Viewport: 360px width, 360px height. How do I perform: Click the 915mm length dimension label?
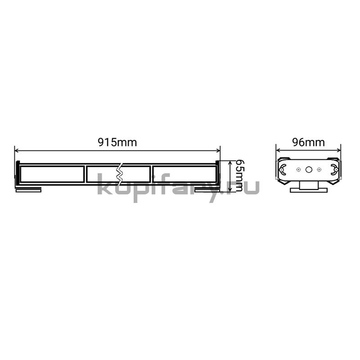[x=117, y=142]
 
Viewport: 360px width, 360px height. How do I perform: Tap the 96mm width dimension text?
[x=308, y=142]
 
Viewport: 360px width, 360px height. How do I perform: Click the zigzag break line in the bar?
[x=120, y=174]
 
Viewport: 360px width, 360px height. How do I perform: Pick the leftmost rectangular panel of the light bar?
[x=52, y=174]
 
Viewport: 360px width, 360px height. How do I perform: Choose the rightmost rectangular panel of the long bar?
[x=184, y=174]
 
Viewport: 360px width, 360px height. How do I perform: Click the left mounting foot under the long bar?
[x=28, y=189]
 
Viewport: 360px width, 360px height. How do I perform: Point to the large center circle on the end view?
[x=309, y=170]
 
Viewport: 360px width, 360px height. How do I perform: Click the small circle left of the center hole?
[x=298, y=170]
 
